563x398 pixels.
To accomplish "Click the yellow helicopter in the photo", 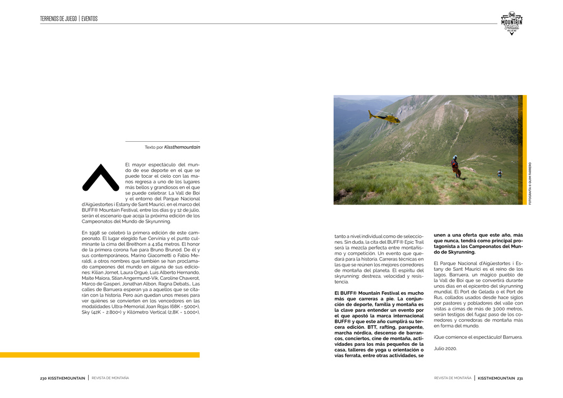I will (x=385, y=117).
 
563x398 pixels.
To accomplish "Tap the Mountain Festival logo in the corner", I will (x=511, y=24).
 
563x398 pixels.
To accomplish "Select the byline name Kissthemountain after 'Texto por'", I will (x=182, y=147).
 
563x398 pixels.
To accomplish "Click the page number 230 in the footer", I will (x=44, y=378).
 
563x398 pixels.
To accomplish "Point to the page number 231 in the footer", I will (x=520, y=378).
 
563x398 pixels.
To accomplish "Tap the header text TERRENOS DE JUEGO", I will (x=58, y=19).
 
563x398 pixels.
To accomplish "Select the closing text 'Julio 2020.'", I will (x=445, y=349).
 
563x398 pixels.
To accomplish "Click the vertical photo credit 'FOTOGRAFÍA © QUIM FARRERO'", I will (x=530, y=183).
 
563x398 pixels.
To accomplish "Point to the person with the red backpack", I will (x=456, y=167).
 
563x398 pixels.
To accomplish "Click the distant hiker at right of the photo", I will (x=500, y=173).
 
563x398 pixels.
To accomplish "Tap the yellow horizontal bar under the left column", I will (x=99, y=355).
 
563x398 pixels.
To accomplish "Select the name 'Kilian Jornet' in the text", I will (x=106, y=272).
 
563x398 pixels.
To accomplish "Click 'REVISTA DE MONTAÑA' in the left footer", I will (x=110, y=378).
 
